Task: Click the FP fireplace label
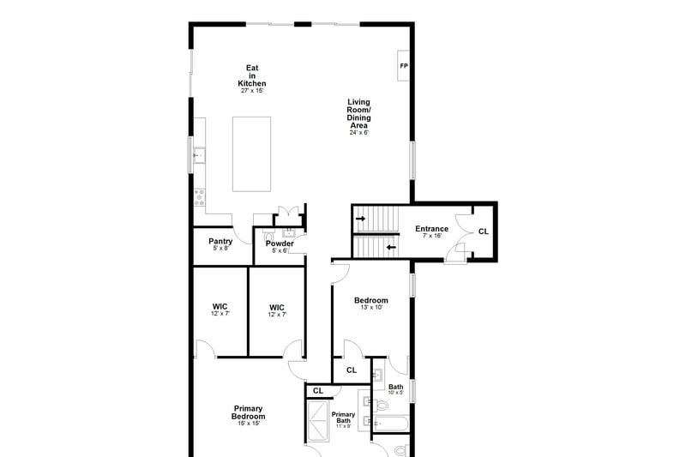pyautogui.click(x=404, y=66)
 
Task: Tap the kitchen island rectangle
pyautogui.click(x=251, y=154)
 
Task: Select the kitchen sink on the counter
pyautogui.click(x=199, y=155)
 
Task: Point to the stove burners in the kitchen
pyautogui.click(x=199, y=197)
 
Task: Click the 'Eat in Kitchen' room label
pyautogui.click(x=252, y=75)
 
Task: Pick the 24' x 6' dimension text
pyautogui.click(x=358, y=133)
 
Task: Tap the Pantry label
pyautogui.click(x=220, y=241)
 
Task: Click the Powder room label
pyautogui.click(x=280, y=244)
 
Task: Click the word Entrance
pyautogui.click(x=432, y=228)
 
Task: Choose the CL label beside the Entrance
pyautogui.click(x=484, y=232)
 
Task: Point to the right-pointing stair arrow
pyautogui.click(x=360, y=219)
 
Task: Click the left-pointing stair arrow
pyautogui.click(x=391, y=248)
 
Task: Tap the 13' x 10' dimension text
pyautogui.click(x=371, y=308)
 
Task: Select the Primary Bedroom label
pyautogui.click(x=248, y=412)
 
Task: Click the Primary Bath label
pyautogui.click(x=344, y=418)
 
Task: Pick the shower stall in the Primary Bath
pyautogui.click(x=317, y=421)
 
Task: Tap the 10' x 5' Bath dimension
pyautogui.click(x=396, y=393)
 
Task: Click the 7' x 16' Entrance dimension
pyautogui.click(x=432, y=236)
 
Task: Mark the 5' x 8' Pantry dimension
pyautogui.click(x=220, y=249)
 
